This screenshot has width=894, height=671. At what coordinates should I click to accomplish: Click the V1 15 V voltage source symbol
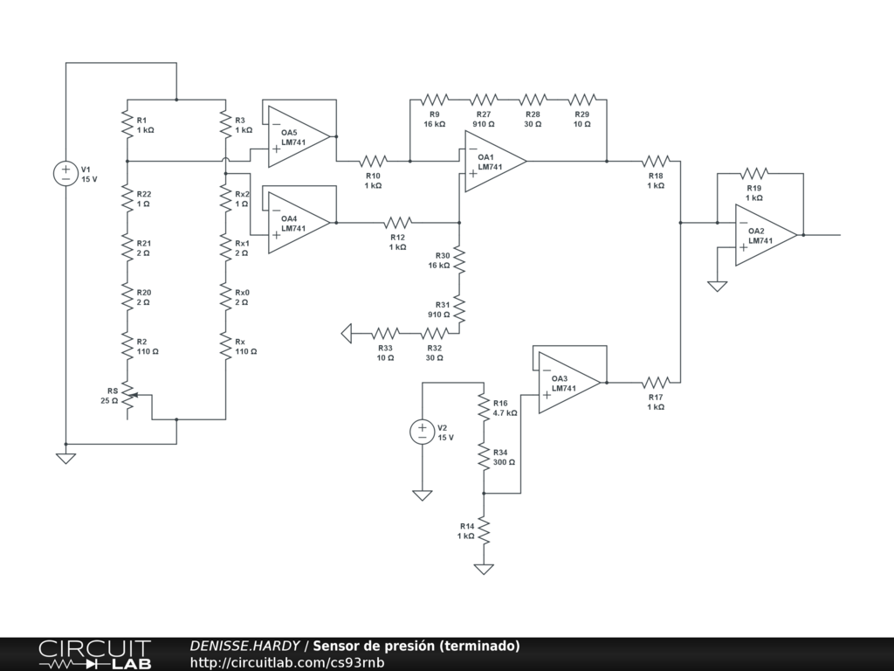(x=66, y=174)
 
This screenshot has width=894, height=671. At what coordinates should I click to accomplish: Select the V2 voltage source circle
(x=423, y=432)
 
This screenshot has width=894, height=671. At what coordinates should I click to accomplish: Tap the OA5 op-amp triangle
(x=299, y=137)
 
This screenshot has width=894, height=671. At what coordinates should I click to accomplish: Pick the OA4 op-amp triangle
(x=299, y=223)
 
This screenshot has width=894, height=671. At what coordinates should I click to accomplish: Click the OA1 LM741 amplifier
(x=496, y=162)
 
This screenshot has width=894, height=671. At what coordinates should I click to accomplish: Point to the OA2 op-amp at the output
(x=767, y=235)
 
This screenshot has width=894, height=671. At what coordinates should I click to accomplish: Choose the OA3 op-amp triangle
(x=569, y=383)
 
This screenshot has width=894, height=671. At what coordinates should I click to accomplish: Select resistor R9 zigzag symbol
(x=435, y=100)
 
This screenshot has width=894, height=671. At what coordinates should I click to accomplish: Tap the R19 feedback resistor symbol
(x=753, y=174)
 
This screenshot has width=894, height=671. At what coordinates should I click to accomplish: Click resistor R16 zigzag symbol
(x=484, y=407)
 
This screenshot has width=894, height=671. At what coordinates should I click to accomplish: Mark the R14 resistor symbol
(x=484, y=530)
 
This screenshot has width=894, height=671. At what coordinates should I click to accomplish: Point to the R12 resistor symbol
(x=398, y=223)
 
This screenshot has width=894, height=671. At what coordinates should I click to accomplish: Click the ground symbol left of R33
(x=347, y=333)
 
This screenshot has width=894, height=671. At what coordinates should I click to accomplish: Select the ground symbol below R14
(x=484, y=569)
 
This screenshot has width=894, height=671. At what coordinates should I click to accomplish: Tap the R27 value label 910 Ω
(x=484, y=124)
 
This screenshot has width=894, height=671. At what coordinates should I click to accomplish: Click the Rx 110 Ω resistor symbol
(x=226, y=346)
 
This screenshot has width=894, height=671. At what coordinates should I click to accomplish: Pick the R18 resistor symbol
(x=656, y=162)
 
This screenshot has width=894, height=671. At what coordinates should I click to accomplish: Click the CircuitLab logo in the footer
(x=94, y=654)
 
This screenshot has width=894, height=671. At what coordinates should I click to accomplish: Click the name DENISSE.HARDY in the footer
(x=244, y=646)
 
